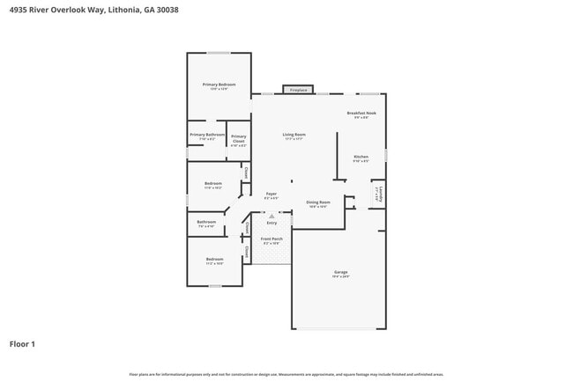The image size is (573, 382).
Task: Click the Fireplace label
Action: tap(299, 90)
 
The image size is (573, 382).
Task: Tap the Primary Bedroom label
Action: tap(219, 84)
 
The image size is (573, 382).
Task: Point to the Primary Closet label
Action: tap(239, 136)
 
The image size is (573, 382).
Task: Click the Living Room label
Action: tap(294, 135)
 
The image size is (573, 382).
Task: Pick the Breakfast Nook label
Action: tap(361, 114)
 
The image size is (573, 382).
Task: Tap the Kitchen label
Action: tap(361, 157)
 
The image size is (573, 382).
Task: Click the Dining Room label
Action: tap(318, 202)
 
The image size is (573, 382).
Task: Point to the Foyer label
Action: tap(272, 194)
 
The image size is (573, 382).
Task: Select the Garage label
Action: tap(340, 272)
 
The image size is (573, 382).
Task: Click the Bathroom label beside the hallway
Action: tap(206, 222)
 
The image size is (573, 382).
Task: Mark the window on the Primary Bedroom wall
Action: tap(219, 53)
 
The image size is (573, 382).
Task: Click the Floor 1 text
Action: tap(22, 343)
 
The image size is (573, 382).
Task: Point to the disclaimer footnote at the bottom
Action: tap(286, 374)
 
